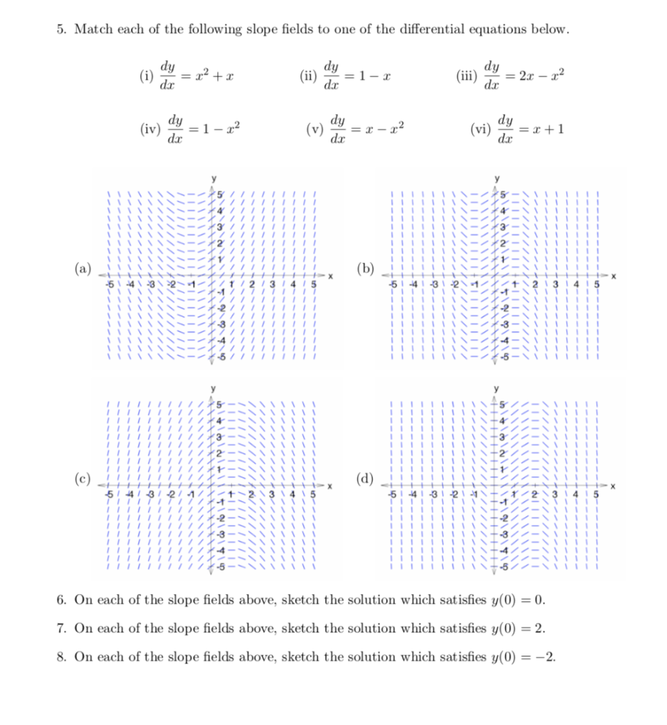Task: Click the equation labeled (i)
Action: [x=187, y=74]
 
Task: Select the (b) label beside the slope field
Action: [x=367, y=270]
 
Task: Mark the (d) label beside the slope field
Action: [x=367, y=480]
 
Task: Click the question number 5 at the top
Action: [x=62, y=30]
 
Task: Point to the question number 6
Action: [x=62, y=600]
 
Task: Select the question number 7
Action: [x=62, y=629]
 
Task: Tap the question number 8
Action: [x=62, y=657]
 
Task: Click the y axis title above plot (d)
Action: [x=497, y=388]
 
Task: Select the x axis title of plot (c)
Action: [x=330, y=486]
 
